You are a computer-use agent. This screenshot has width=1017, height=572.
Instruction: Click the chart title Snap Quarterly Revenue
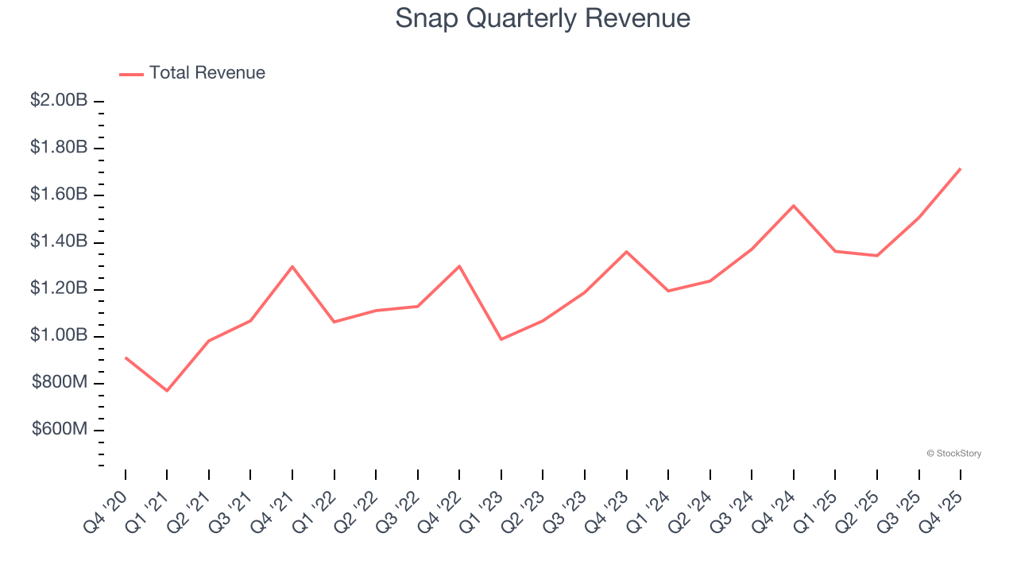coord(543,18)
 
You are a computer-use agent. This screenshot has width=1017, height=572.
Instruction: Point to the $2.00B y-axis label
coord(59,101)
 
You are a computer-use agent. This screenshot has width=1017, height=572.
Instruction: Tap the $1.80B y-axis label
coord(59,148)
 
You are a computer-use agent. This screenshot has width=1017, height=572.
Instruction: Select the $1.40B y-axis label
coord(59,242)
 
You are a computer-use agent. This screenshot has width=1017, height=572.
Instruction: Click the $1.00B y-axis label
coord(59,336)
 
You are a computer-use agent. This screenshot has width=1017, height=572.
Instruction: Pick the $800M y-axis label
coord(60,383)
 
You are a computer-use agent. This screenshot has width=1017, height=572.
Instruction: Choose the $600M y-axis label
coord(60,430)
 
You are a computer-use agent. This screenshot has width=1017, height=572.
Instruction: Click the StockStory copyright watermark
coord(953,454)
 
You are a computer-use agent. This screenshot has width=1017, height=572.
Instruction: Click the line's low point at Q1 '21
coord(167,391)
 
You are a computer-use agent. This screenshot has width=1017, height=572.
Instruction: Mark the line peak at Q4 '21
coord(292,266)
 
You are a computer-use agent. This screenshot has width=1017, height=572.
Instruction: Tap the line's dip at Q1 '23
coord(501,339)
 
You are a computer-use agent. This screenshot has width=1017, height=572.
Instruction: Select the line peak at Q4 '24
coord(794,206)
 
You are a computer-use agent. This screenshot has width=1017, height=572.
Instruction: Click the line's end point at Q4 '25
coord(961,168)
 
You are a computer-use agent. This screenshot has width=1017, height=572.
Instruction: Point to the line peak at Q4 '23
coord(627,252)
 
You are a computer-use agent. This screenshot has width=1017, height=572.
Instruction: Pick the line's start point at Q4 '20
coord(126,357)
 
